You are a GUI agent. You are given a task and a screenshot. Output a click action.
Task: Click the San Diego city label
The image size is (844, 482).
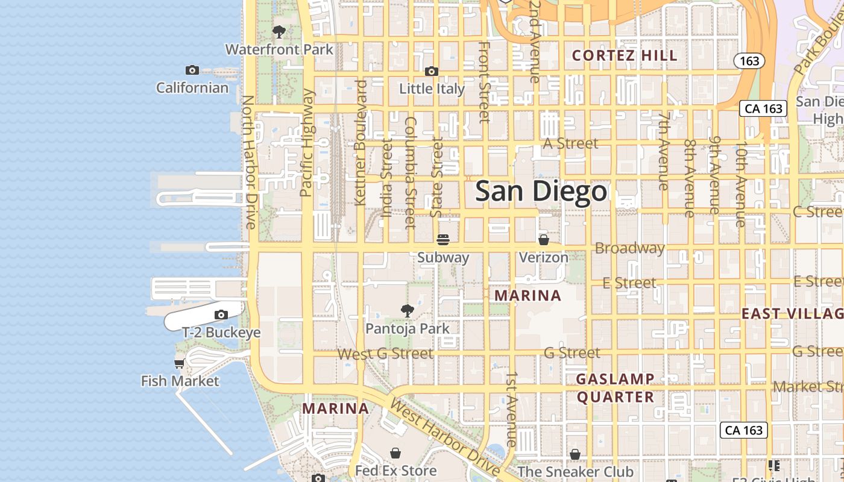click(x=541, y=192)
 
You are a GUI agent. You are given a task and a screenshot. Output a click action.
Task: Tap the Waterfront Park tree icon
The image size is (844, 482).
click(x=279, y=31)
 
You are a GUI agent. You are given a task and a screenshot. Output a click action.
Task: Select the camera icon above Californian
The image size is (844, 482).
click(x=192, y=70)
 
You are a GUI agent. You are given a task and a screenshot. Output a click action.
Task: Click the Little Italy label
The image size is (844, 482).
click(x=432, y=89)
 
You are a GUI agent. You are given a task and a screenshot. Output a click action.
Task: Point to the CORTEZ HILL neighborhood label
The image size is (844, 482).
click(x=625, y=55)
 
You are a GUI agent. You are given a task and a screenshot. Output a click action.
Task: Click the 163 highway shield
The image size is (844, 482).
click(x=749, y=61)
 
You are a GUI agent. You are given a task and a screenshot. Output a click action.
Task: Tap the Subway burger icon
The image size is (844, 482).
click(x=443, y=240)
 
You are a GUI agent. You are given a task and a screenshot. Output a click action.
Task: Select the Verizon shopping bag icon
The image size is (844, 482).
click(x=543, y=240)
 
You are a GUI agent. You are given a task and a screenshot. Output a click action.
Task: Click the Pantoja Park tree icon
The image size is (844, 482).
click(x=408, y=311)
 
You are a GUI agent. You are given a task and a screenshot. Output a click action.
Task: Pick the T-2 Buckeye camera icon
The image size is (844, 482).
click(x=221, y=315)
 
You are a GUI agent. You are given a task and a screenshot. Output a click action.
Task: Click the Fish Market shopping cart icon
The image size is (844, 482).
click(x=180, y=363)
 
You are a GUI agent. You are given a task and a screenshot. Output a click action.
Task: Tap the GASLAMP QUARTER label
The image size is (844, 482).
click(x=615, y=388)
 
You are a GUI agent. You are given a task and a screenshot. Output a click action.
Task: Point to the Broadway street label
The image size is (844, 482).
click(x=629, y=248)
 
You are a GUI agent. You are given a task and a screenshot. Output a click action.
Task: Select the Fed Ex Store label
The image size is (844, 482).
click(x=395, y=470)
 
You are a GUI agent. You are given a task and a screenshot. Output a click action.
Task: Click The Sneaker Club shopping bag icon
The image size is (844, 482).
click(x=575, y=454)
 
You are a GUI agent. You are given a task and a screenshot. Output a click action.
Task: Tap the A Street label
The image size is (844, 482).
click(x=570, y=143)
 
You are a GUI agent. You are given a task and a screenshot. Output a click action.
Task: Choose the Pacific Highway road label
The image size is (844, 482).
click(x=307, y=143)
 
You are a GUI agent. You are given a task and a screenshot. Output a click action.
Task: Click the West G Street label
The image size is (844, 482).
click(x=385, y=354)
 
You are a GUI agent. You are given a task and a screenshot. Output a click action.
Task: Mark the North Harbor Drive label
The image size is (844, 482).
click(x=250, y=161)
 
